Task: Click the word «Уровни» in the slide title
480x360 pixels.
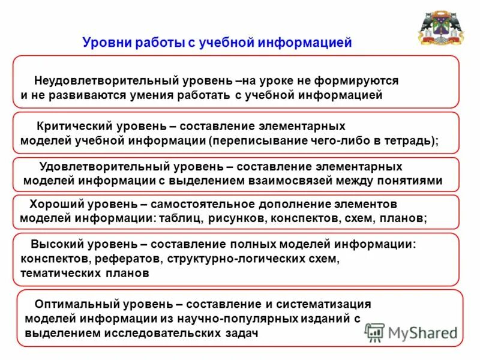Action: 104,43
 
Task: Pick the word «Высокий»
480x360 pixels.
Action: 55,245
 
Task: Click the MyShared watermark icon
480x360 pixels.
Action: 375,331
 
